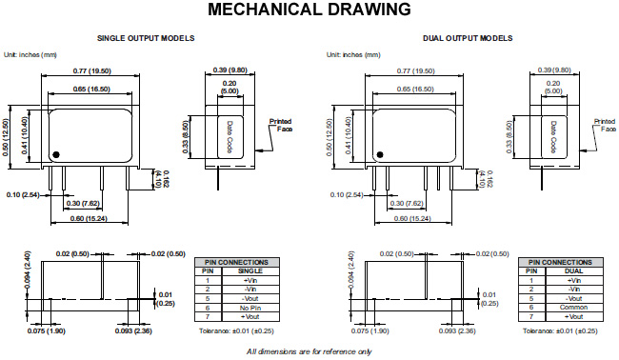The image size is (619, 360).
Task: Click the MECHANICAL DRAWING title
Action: coord(309,10)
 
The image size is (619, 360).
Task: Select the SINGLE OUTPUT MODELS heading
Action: coord(146,38)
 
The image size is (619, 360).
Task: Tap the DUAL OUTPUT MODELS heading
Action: coord(468,38)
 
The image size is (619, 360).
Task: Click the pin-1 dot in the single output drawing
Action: coord(56,154)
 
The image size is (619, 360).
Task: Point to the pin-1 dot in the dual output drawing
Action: coord(380,154)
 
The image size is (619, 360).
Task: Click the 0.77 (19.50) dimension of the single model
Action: coord(92,71)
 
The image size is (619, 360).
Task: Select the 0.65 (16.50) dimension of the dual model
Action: coord(415,90)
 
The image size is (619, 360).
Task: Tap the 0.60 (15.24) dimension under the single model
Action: coord(89,219)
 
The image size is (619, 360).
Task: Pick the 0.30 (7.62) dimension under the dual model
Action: coord(407,204)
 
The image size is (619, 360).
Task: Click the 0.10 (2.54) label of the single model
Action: coord(23,195)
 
